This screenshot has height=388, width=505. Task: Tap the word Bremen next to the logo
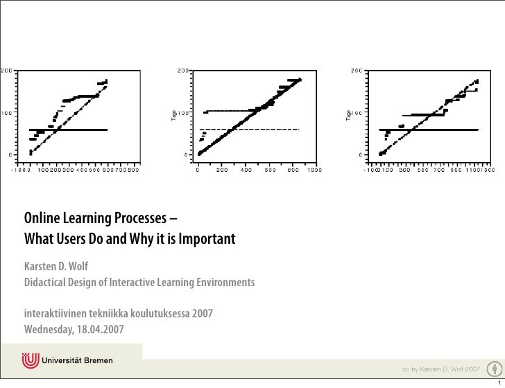coord(101,361)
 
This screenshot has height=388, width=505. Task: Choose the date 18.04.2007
coord(101,328)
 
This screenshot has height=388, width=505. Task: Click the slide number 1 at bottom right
coord(498,381)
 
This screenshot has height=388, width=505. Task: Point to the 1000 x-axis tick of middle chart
coord(315,168)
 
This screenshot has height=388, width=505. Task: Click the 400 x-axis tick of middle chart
coord(246,168)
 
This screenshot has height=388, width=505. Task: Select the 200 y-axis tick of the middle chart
coord(182,71)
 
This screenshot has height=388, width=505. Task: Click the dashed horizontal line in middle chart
coord(250,130)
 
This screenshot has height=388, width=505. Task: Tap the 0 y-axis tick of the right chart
coord(357,154)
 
